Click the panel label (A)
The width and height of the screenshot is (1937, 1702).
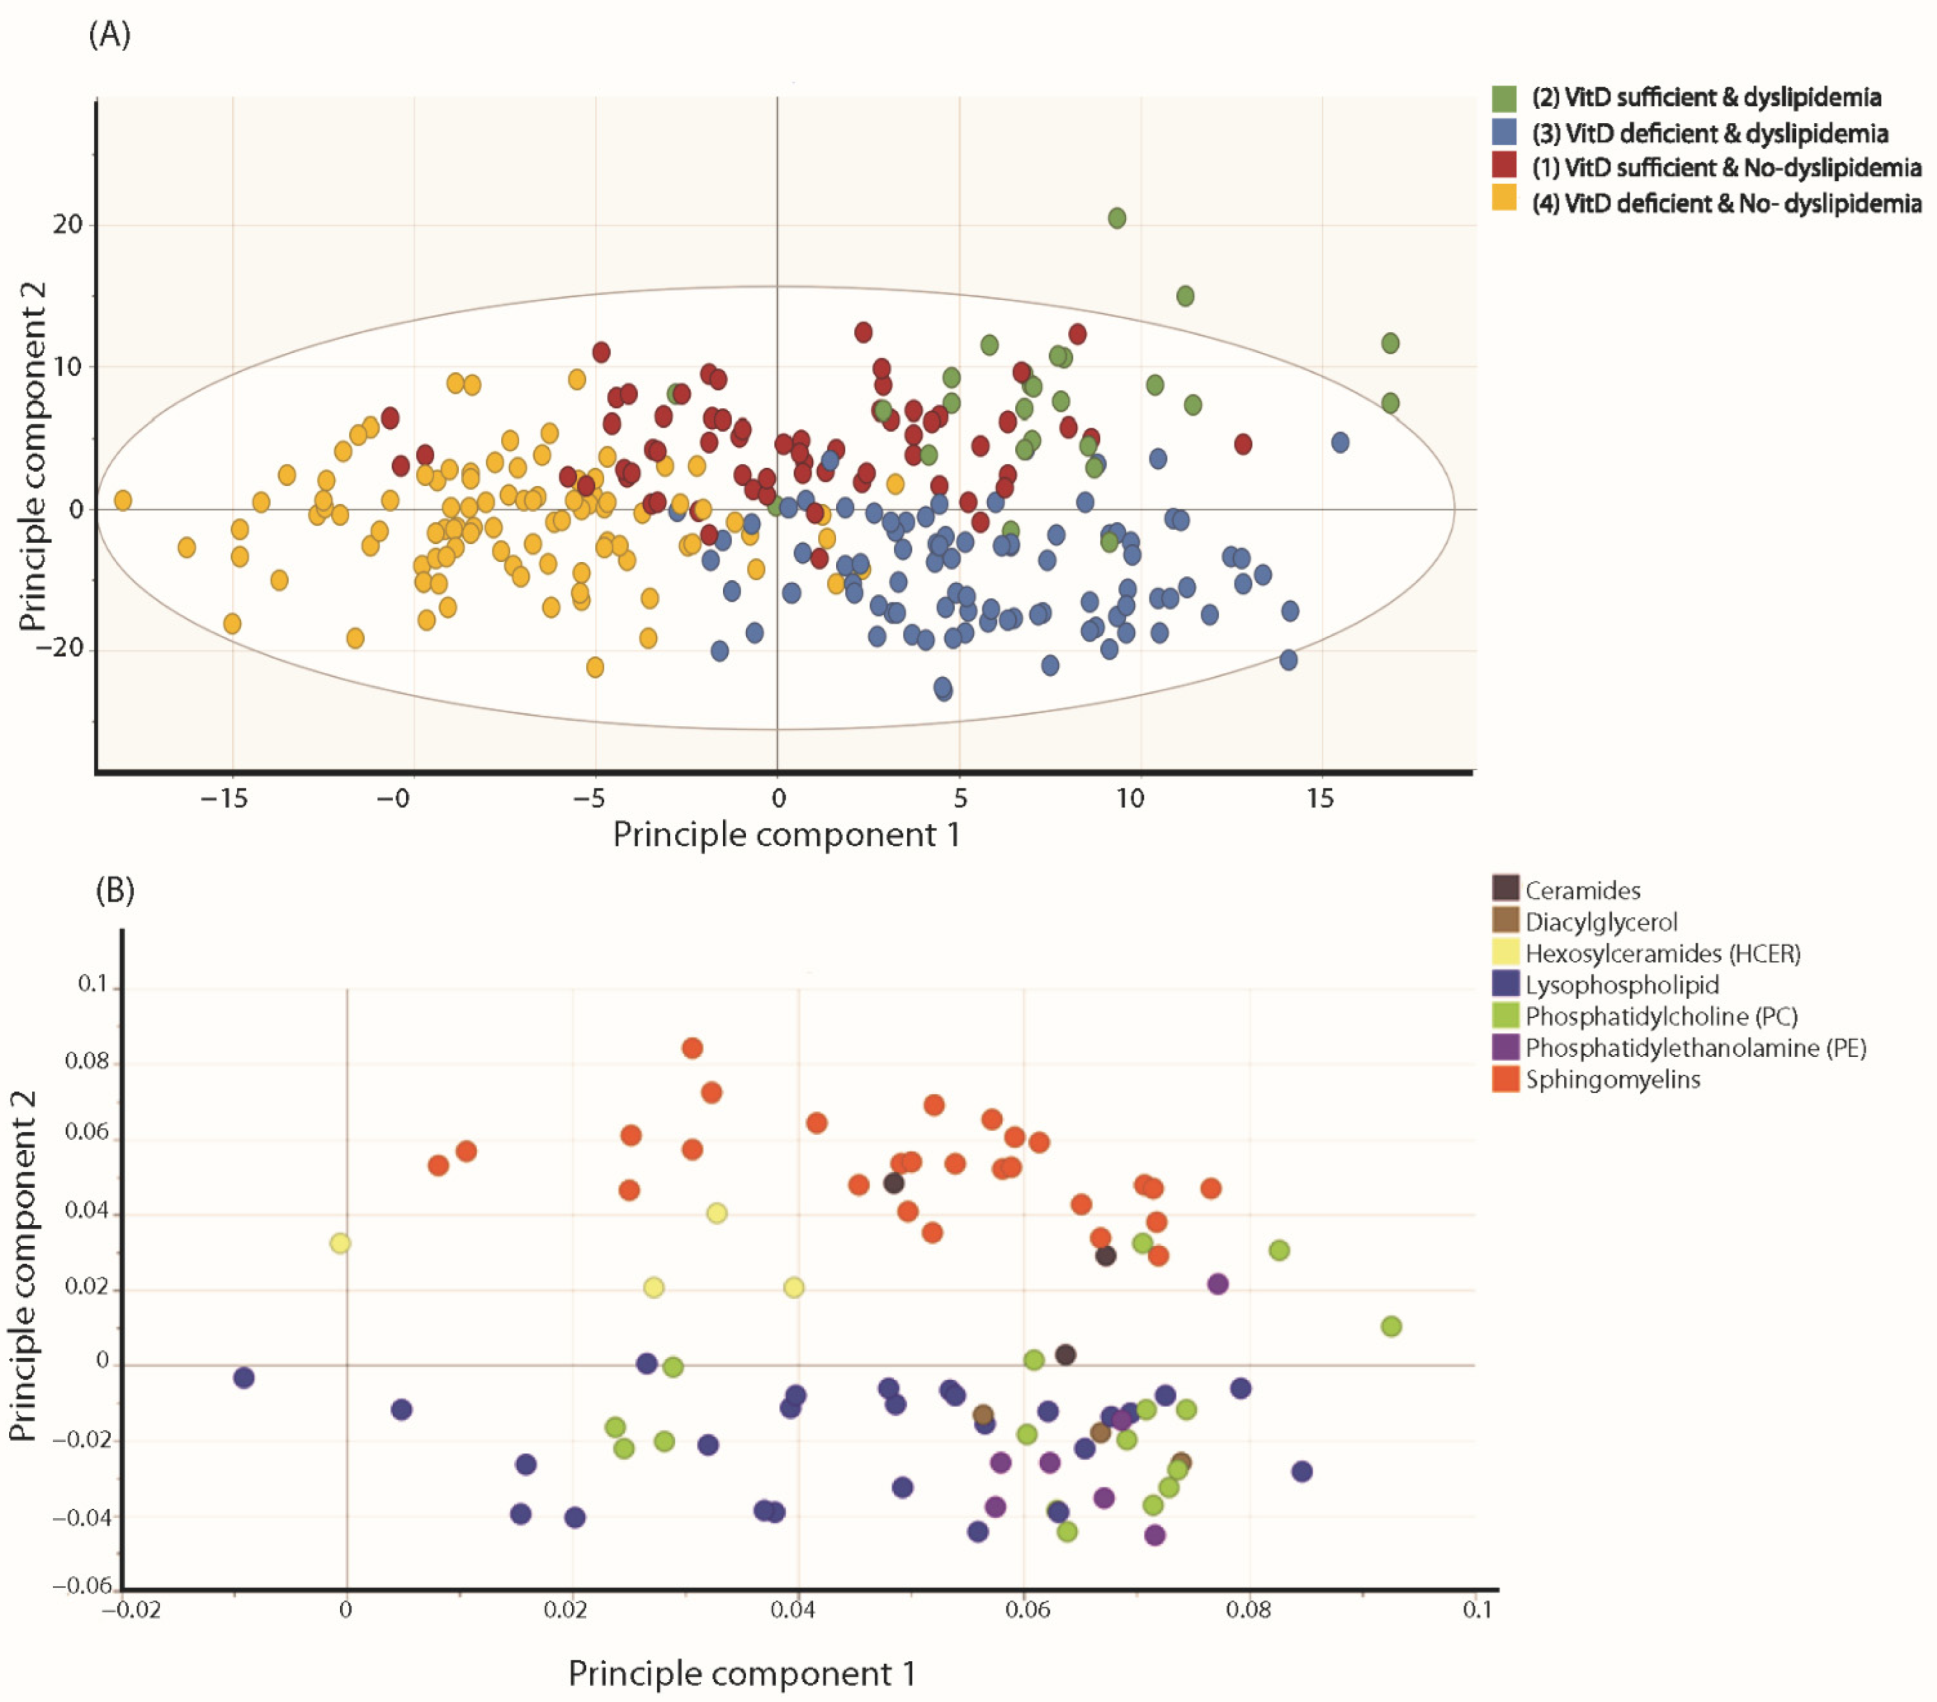[x=109, y=35]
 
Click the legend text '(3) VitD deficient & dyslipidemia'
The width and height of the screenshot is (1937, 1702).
[x=1710, y=133]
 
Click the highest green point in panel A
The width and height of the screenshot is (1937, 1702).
[x=1117, y=218]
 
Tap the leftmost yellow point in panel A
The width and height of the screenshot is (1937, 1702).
[x=122, y=500]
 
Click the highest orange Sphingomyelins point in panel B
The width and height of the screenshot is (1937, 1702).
[x=692, y=1048]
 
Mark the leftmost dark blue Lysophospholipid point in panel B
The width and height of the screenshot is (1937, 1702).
[x=244, y=1377]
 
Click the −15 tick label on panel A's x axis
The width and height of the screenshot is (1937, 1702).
[x=224, y=799]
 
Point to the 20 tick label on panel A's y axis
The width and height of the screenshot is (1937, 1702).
[x=67, y=224]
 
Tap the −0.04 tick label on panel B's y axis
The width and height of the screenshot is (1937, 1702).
[x=81, y=1517]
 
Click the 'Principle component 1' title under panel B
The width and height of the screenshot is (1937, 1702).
[x=742, y=1674]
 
